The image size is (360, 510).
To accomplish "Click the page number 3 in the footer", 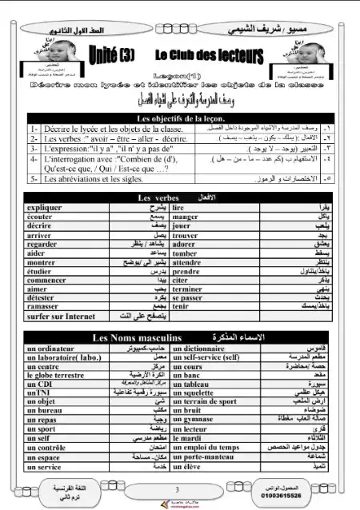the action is click(x=177, y=489).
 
